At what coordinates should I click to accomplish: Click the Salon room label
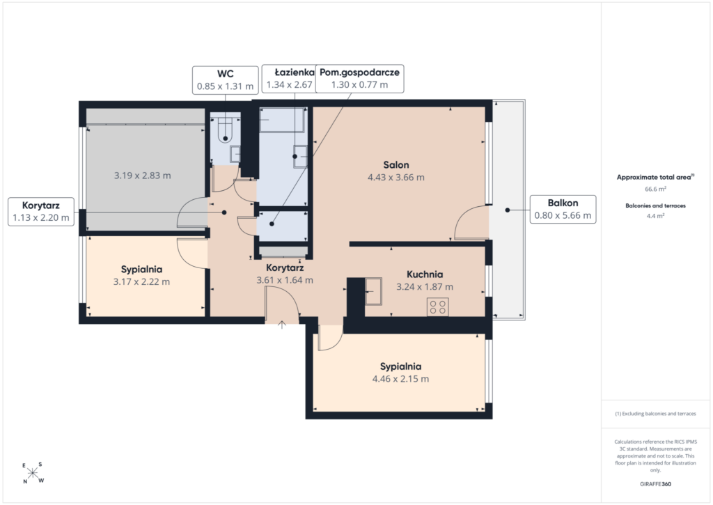[x=396, y=165]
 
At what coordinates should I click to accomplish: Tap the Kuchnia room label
[x=425, y=274]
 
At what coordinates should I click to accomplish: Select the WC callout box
[x=226, y=80]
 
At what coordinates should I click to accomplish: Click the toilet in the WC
[x=225, y=130]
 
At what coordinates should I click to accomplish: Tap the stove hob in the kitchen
[x=438, y=307]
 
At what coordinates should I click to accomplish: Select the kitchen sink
[x=373, y=291]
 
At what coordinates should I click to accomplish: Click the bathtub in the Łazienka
[x=283, y=120]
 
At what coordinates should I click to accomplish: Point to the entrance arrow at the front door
[x=282, y=325]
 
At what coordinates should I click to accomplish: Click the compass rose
[x=32, y=473]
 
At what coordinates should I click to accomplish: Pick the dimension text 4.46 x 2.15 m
[x=400, y=379]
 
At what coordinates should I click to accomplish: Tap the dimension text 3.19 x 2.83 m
[x=142, y=176]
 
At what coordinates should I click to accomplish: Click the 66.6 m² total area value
[x=655, y=189]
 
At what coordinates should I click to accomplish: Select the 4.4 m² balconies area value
[x=655, y=216]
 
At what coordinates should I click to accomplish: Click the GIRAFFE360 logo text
[x=655, y=484]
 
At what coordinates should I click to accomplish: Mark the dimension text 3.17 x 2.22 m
[x=141, y=282]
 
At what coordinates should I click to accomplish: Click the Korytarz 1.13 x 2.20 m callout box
[x=41, y=212]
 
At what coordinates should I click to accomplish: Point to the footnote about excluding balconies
[x=655, y=414]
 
